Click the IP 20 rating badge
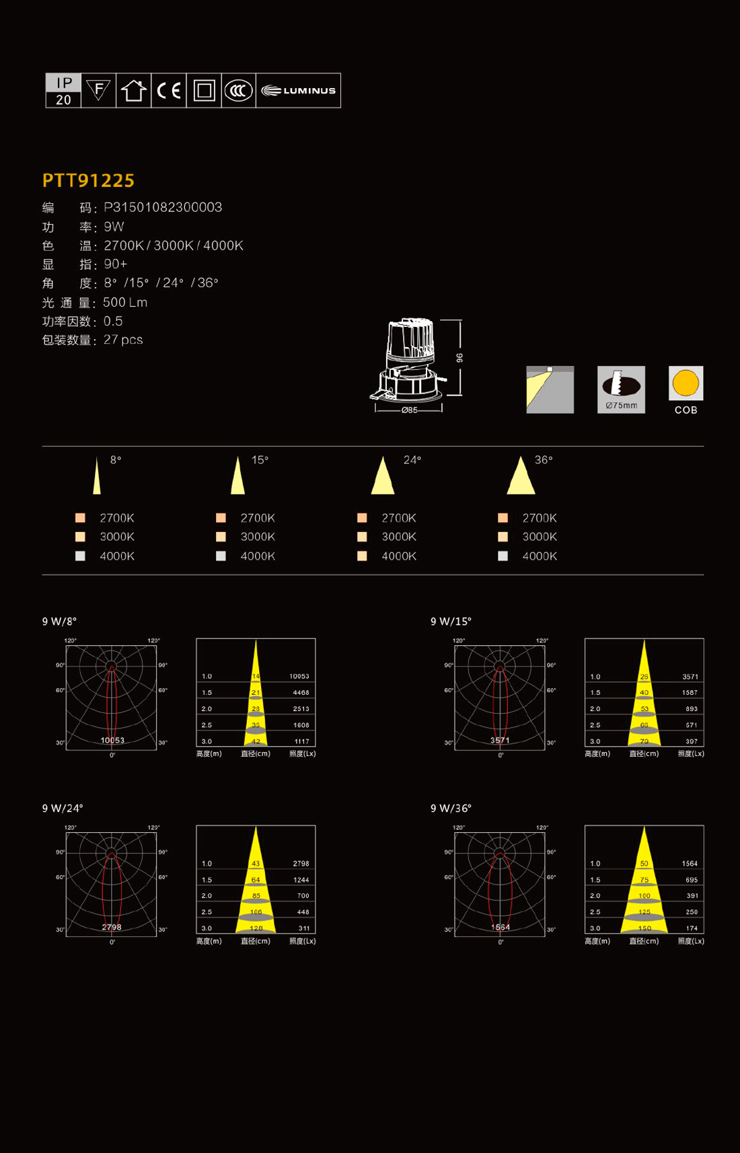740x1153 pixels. pyautogui.click(x=63, y=91)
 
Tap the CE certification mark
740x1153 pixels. pyautogui.click(x=169, y=91)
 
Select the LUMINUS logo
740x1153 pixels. pyautogui.click(x=298, y=91)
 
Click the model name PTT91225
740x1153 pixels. pyautogui.click(x=88, y=180)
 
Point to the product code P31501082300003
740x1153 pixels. pyautogui.click(x=163, y=207)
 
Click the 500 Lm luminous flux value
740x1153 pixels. pyautogui.click(x=125, y=303)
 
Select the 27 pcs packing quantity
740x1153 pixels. pyautogui.click(x=123, y=340)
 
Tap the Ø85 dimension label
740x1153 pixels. pyautogui.click(x=409, y=410)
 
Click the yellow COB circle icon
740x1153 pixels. pyautogui.click(x=686, y=383)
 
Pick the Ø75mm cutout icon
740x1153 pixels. pyautogui.click(x=621, y=389)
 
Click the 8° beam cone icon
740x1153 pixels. pyautogui.click(x=97, y=476)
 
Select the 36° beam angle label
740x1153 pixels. pyautogui.click(x=544, y=460)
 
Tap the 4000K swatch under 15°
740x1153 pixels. pyautogui.click(x=221, y=556)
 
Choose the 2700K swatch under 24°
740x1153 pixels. pyautogui.click(x=362, y=518)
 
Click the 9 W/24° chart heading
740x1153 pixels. pyautogui.click(x=63, y=809)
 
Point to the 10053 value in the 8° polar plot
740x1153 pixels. pyautogui.click(x=112, y=740)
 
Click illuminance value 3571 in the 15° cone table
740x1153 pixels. pyautogui.click(x=690, y=677)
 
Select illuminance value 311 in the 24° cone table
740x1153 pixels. pyautogui.click(x=304, y=928)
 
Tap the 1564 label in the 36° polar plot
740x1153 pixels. pyautogui.click(x=500, y=927)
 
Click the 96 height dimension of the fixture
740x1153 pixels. pyautogui.click(x=460, y=358)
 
